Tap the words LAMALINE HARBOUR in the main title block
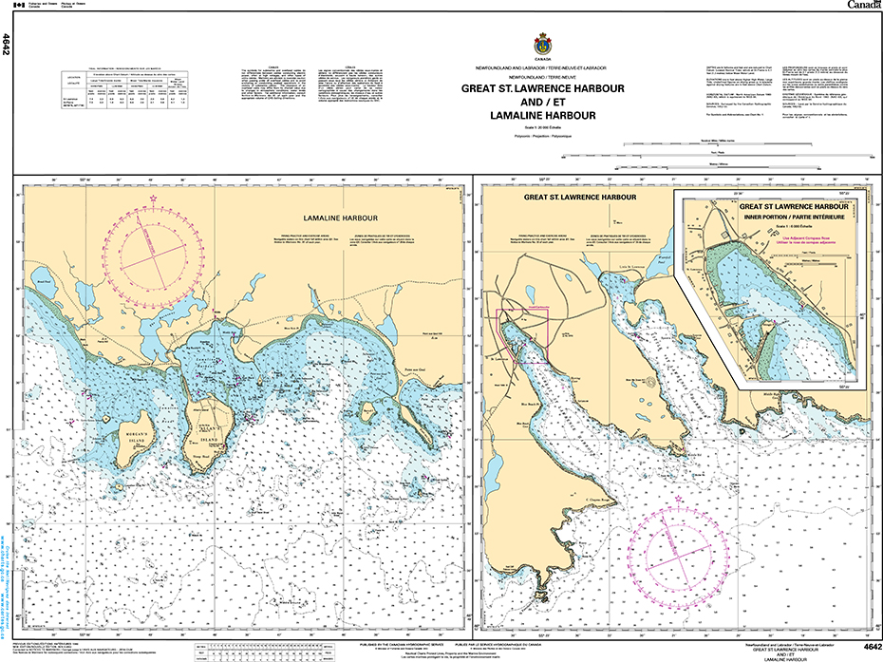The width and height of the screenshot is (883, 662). [542, 116]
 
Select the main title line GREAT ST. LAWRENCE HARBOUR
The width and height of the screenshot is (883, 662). [542, 88]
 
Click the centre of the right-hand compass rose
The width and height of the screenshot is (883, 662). [685, 557]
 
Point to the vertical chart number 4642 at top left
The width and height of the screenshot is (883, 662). [7, 44]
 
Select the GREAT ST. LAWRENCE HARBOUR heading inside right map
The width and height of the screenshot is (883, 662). [572, 197]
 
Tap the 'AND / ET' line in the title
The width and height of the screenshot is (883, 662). [542, 102]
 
